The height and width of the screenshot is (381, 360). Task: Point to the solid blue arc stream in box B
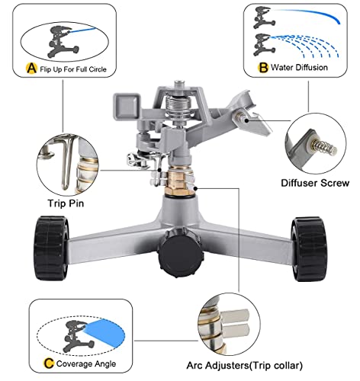(309, 17)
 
